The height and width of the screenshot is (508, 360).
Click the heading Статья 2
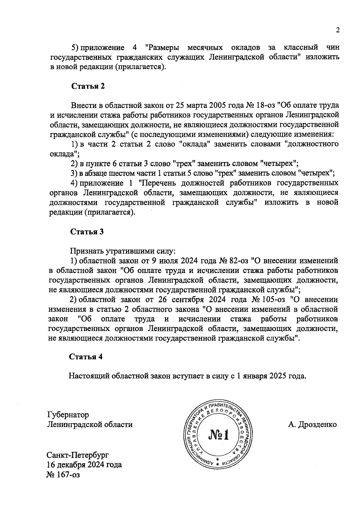pos(88,86)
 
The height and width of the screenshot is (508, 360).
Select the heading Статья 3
pos(87,232)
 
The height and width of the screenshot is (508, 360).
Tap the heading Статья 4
pos(86,356)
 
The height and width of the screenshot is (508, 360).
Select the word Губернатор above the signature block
pos(68,415)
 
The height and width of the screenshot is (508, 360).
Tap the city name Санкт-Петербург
pos(78,455)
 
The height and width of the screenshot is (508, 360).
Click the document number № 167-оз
pos(63,475)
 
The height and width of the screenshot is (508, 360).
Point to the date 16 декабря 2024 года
pos(84,465)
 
